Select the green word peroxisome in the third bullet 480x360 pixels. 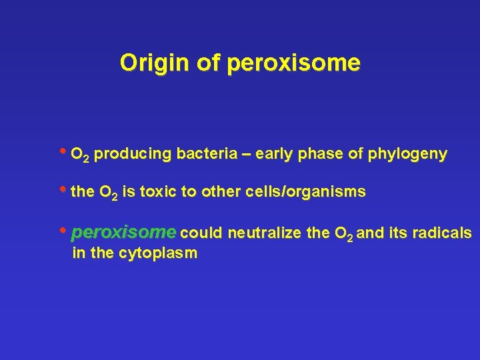tap(124, 233)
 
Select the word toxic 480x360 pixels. tap(157, 193)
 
